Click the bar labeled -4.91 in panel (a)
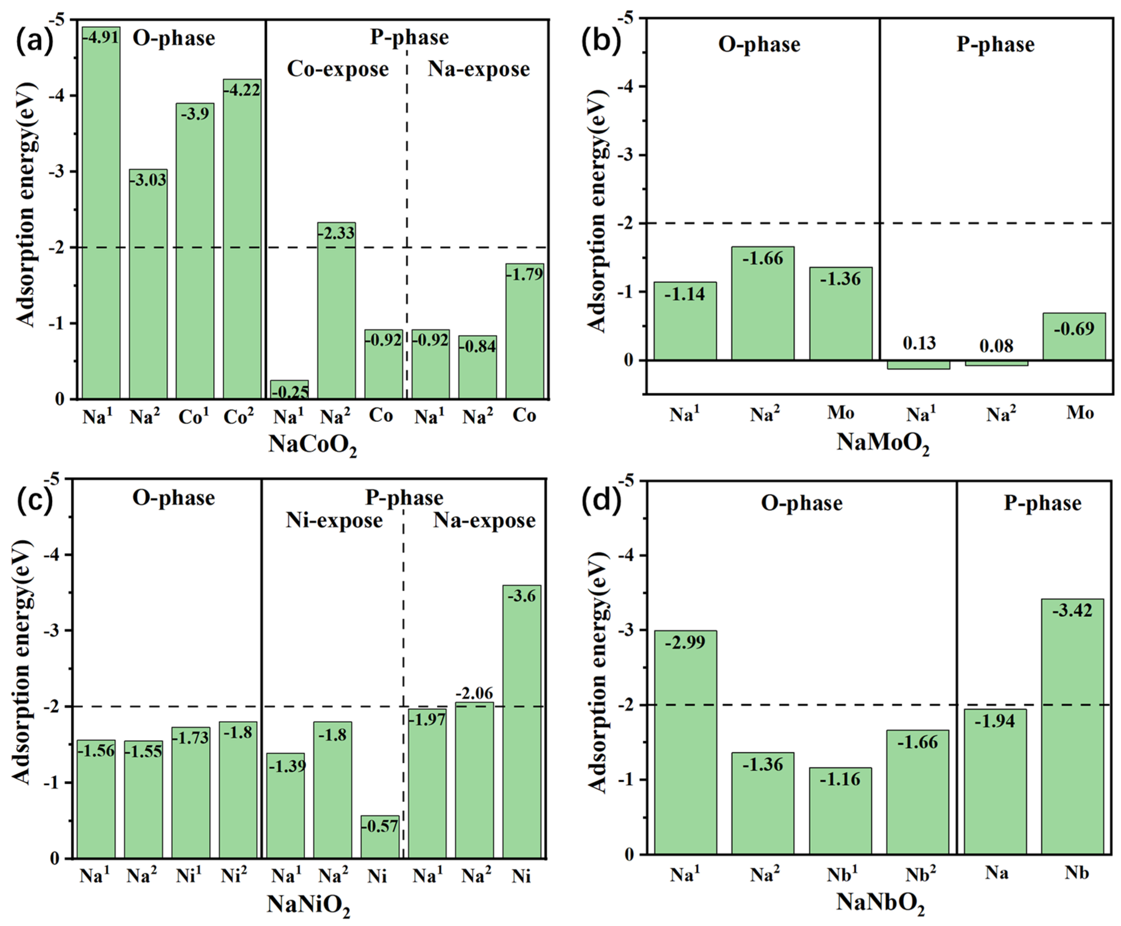(x=101, y=213)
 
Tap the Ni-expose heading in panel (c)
(x=334, y=520)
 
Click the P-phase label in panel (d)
(x=1042, y=503)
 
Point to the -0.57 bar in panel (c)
(x=380, y=837)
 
